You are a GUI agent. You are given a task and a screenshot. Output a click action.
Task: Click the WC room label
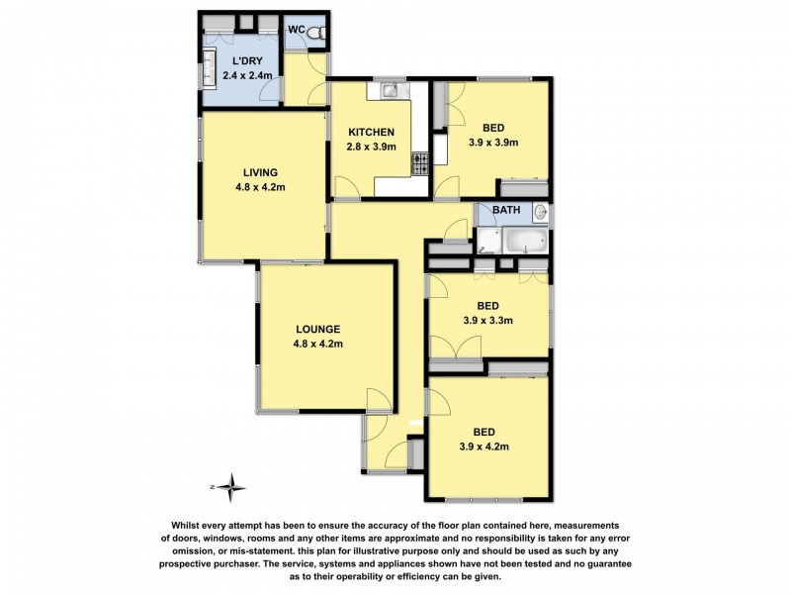[x=296, y=30]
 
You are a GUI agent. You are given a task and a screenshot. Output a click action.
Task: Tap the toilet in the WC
[x=316, y=34]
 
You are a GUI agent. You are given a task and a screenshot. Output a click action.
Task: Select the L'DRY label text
[x=247, y=61]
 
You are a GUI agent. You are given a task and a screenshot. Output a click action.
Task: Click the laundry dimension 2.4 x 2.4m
[x=247, y=76]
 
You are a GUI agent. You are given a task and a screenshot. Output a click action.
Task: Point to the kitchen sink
[x=391, y=91]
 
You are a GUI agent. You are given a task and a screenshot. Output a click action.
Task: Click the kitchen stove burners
[x=420, y=163]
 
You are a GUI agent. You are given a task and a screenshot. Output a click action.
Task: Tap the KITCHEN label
[x=372, y=133]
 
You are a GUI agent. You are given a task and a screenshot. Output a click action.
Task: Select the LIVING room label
[x=260, y=172]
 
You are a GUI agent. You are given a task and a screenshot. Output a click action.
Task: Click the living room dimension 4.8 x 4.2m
[x=260, y=187]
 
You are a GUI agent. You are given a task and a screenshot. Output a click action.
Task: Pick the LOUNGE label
[x=317, y=330]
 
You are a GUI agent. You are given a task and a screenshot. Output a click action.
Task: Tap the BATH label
[x=506, y=210]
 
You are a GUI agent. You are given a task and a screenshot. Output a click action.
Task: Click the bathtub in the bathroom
[x=525, y=241]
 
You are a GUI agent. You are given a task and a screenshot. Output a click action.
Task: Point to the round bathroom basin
[x=540, y=212]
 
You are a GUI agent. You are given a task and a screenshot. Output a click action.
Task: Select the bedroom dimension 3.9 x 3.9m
[x=493, y=143]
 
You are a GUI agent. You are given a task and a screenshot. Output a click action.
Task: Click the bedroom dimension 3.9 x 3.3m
[x=487, y=320]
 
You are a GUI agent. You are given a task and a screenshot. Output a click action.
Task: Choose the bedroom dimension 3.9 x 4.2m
[x=483, y=446]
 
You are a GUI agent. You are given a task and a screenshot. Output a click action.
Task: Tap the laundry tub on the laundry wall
[x=209, y=69]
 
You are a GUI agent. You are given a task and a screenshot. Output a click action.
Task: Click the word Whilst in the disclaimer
[x=187, y=526]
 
